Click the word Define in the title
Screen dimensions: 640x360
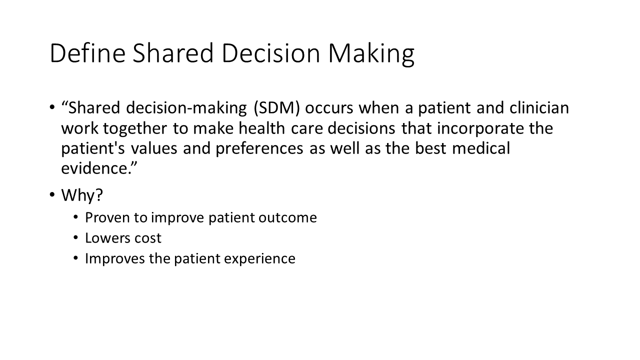point(87,53)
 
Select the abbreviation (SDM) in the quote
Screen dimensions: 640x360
point(277,108)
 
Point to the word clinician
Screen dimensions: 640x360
point(539,107)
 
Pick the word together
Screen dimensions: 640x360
point(135,129)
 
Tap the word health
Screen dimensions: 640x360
point(261,128)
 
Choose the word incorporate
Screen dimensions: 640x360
point(480,129)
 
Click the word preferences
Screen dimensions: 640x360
point(259,149)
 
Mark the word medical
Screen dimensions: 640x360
point(481,148)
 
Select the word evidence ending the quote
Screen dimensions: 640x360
point(94,168)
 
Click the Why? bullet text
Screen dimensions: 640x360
point(82,195)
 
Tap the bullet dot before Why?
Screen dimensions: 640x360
point(52,194)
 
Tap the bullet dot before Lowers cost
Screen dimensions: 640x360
point(75,237)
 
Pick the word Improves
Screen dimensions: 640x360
point(115,259)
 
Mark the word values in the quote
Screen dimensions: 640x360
point(154,148)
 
